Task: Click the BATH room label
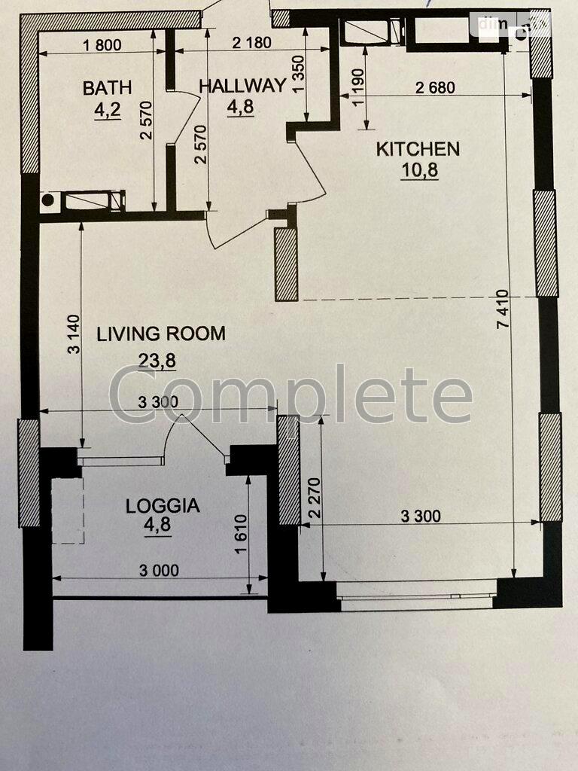[x=107, y=88]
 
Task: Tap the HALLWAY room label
[x=242, y=85]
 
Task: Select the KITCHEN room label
[x=418, y=148]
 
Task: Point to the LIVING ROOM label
[x=160, y=334]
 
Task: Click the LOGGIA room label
[x=163, y=505]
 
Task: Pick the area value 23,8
[x=157, y=361]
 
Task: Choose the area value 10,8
[x=419, y=170]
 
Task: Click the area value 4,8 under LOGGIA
[x=158, y=526]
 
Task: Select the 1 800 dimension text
[x=102, y=44]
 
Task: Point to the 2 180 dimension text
[x=251, y=43]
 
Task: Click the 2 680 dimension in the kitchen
[x=435, y=87]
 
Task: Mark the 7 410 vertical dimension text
[x=503, y=308]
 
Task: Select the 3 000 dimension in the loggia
[x=158, y=571]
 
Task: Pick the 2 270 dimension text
[x=315, y=496]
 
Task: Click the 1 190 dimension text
[x=357, y=87]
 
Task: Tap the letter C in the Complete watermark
[x=133, y=394]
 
